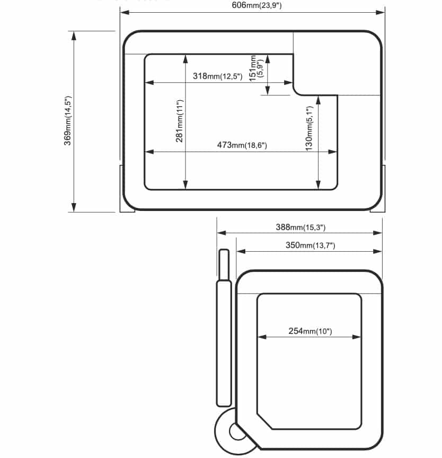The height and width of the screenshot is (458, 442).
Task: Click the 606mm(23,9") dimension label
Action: pos(257,5)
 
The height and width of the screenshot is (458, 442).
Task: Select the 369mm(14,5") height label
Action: pos(67,120)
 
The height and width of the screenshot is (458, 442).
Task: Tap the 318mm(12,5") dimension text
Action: pos(217,76)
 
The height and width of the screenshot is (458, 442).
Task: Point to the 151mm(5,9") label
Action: pos(256,68)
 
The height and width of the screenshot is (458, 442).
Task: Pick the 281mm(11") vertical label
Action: pos(179,121)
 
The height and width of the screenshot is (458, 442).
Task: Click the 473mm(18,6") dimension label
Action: pos(242,145)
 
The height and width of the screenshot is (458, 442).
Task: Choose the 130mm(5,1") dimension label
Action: pos(309,128)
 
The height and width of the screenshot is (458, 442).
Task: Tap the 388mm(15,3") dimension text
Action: pos(300,227)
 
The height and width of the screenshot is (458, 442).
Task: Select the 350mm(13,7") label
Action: pos(311,245)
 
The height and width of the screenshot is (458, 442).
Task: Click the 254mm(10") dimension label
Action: pos(311,331)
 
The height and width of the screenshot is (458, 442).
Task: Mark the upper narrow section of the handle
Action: pos(224,265)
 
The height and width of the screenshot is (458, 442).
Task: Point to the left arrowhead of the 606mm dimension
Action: pos(125,12)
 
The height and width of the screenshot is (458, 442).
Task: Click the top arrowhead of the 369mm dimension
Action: pos(74,36)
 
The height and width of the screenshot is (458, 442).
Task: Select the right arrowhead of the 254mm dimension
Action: pos(357,337)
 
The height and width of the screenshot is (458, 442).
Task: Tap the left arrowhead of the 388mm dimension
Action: pos(222,233)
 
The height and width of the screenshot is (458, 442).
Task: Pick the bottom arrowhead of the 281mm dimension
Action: pos(185,185)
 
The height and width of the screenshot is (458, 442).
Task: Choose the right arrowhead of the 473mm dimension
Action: pos(333,152)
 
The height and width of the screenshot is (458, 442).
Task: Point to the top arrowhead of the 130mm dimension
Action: pos(318,100)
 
